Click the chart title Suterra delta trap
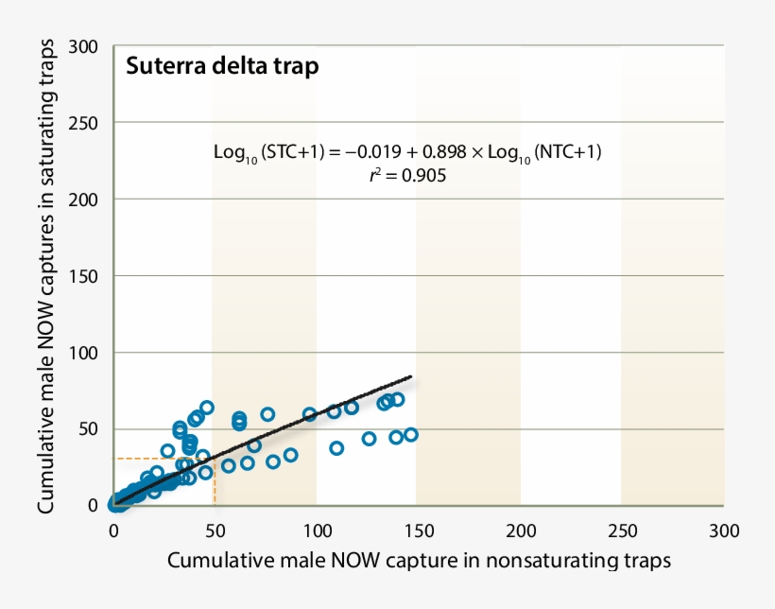click(222, 67)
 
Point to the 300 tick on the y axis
click(85, 46)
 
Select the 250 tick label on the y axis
click(85, 123)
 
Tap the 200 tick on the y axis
click(85, 200)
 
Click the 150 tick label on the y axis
click(85, 276)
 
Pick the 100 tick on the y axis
click(85, 353)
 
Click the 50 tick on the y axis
click(90, 429)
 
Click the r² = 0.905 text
click(407, 175)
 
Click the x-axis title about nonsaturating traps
click(419, 560)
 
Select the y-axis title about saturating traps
click(46, 276)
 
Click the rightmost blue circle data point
click(410, 435)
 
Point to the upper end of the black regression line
click(411, 377)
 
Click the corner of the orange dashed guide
click(215, 460)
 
